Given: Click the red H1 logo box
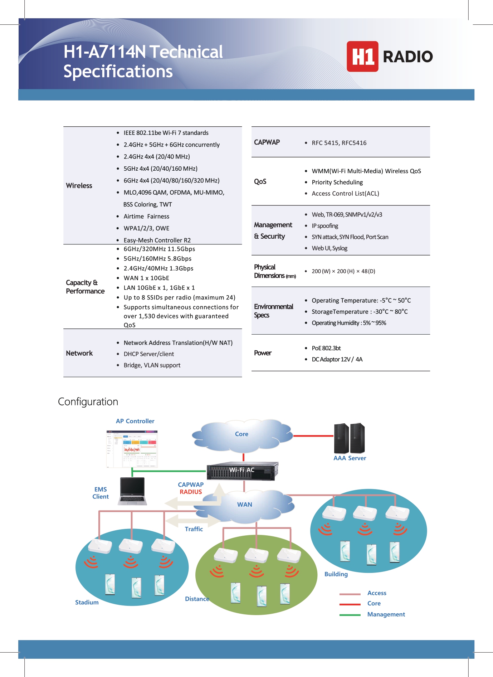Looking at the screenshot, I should pyautogui.click(x=362, y=57).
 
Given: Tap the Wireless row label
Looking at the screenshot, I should pyautogui.click(x=79, y=186).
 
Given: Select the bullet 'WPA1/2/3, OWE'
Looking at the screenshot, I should pyautogui.click(x=146, y=228).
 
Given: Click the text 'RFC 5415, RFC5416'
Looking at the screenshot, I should pyautogui.click(x=339, y=143).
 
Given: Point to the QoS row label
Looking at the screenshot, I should pyautogui.click(x=260, y=181).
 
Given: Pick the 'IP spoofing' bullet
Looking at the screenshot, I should pyautogui.click(x=324, y=226).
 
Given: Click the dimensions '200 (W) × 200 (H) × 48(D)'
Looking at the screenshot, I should pyautogui.click(x=343, y=271).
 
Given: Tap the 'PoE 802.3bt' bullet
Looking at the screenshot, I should pyautogui.click(x=326, y=348).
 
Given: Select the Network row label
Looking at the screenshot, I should pyautogui.click(x=79, y=353).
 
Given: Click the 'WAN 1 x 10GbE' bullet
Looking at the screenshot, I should pyautogui.click(x=146, y=278).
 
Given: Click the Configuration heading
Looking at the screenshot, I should pyautogui.click(x=88, y=402).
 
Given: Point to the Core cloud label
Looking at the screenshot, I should pyautogui.click(x=241, y=434).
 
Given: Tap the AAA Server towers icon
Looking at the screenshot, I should pyautogui.click(x=349, y=438).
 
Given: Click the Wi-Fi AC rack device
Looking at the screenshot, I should pyautogui.click(x=242, y=470).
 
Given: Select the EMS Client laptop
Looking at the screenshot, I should pyautogui.click(x=132, y=491).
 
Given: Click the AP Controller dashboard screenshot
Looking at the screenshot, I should pyautogui.click(x=132, y=449).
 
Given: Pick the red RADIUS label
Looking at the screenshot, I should pyautogui.click(x=191, y=492).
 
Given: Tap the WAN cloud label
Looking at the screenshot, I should pyautogui.click(x=245, y=505).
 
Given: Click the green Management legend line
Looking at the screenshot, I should pyautogui.click(x=350, y=615).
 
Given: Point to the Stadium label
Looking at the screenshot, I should pyautogui.click(x=87, y=603).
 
